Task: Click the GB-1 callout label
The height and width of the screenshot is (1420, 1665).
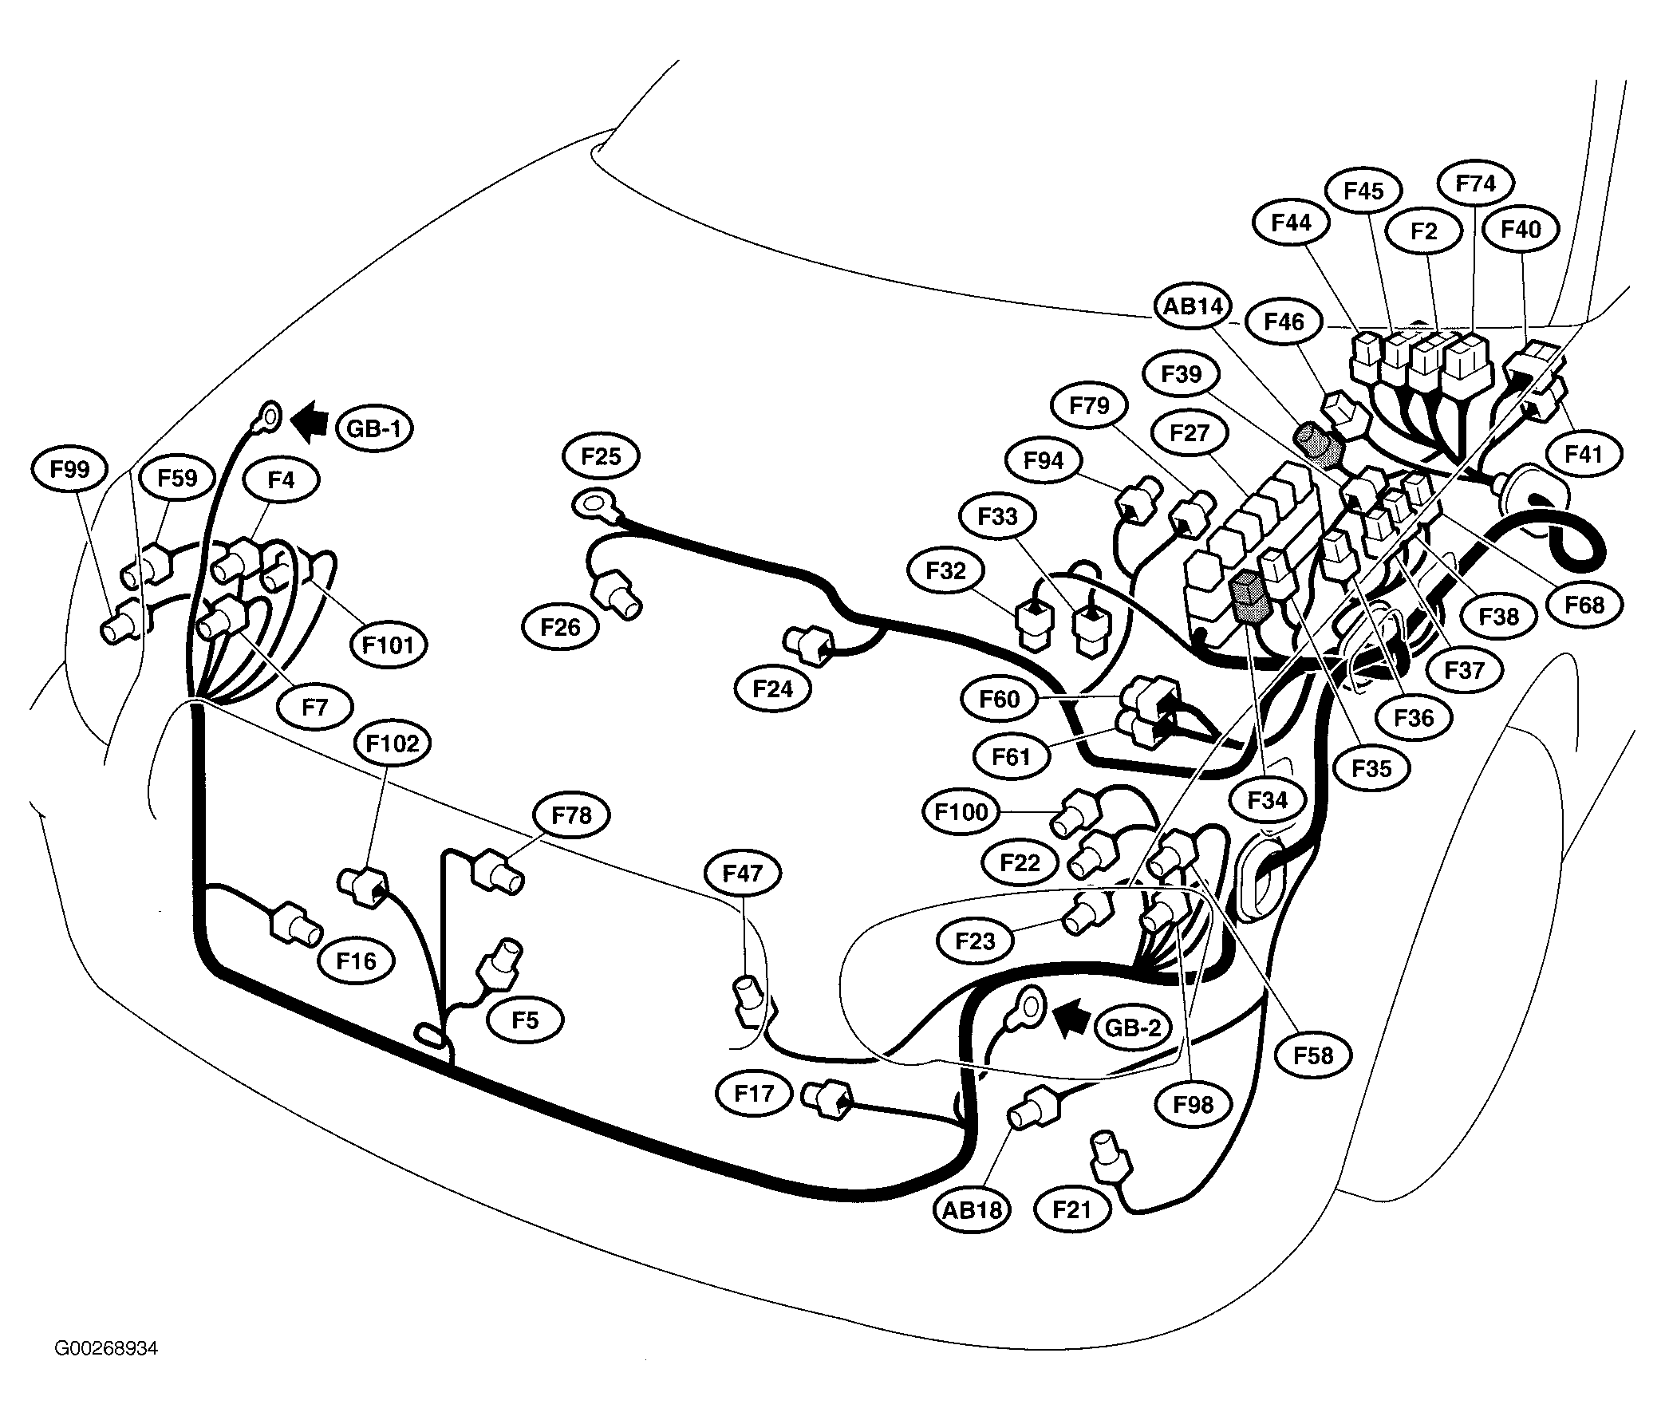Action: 374,428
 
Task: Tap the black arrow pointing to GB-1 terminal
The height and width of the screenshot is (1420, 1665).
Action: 310,422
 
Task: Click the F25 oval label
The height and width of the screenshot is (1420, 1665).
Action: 601,456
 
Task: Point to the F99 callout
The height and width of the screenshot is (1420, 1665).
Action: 70,469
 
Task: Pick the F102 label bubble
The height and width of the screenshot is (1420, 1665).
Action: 393,744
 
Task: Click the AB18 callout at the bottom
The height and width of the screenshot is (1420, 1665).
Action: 973,1209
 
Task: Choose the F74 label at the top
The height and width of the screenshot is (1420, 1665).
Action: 1476,183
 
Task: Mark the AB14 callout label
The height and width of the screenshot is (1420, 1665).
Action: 1194,306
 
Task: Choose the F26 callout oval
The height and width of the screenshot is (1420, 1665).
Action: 561,627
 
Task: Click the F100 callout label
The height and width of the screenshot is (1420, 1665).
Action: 962,812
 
